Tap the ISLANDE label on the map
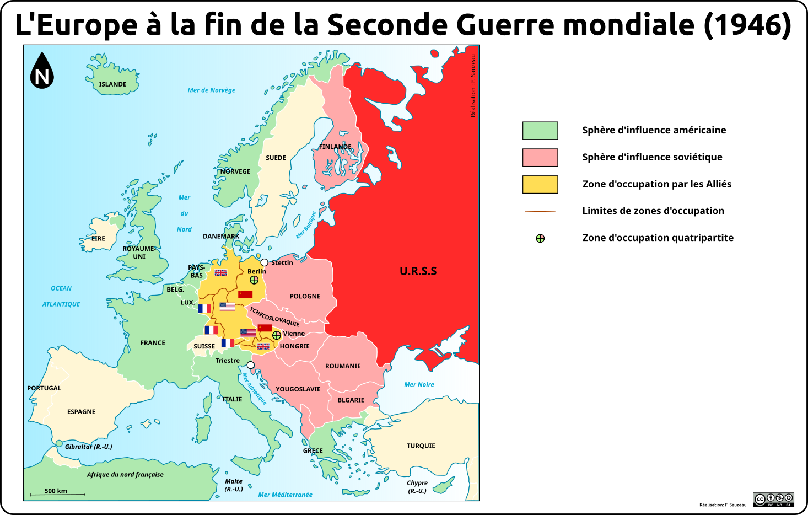click(x=112, y=84)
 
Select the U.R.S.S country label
click(x=418, y=271)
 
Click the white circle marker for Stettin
click(x=265, y=262)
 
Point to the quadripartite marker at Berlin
click(x=254, y=280)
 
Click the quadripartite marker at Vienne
click(x=277, y=335)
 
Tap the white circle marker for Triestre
click(x=251, y=365)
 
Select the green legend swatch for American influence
click(x=540, y=131)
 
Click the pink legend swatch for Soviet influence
click(x=540, y=157)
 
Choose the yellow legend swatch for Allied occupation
click(x=540, y=184)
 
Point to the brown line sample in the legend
click(x=540, y=211)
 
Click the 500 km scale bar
click(x=57, y=494)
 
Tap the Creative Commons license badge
click(x=773, y=500)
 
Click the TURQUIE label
click(x=421, y=446)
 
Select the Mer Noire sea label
click(x=419, y=384)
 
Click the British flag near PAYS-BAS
click(x=221, y=272)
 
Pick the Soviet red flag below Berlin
click(x=245, y=294)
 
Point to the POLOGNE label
click(x=305, y=296)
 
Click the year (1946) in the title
click(x=747, y=25)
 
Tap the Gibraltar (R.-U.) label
click(x=88, y=447)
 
